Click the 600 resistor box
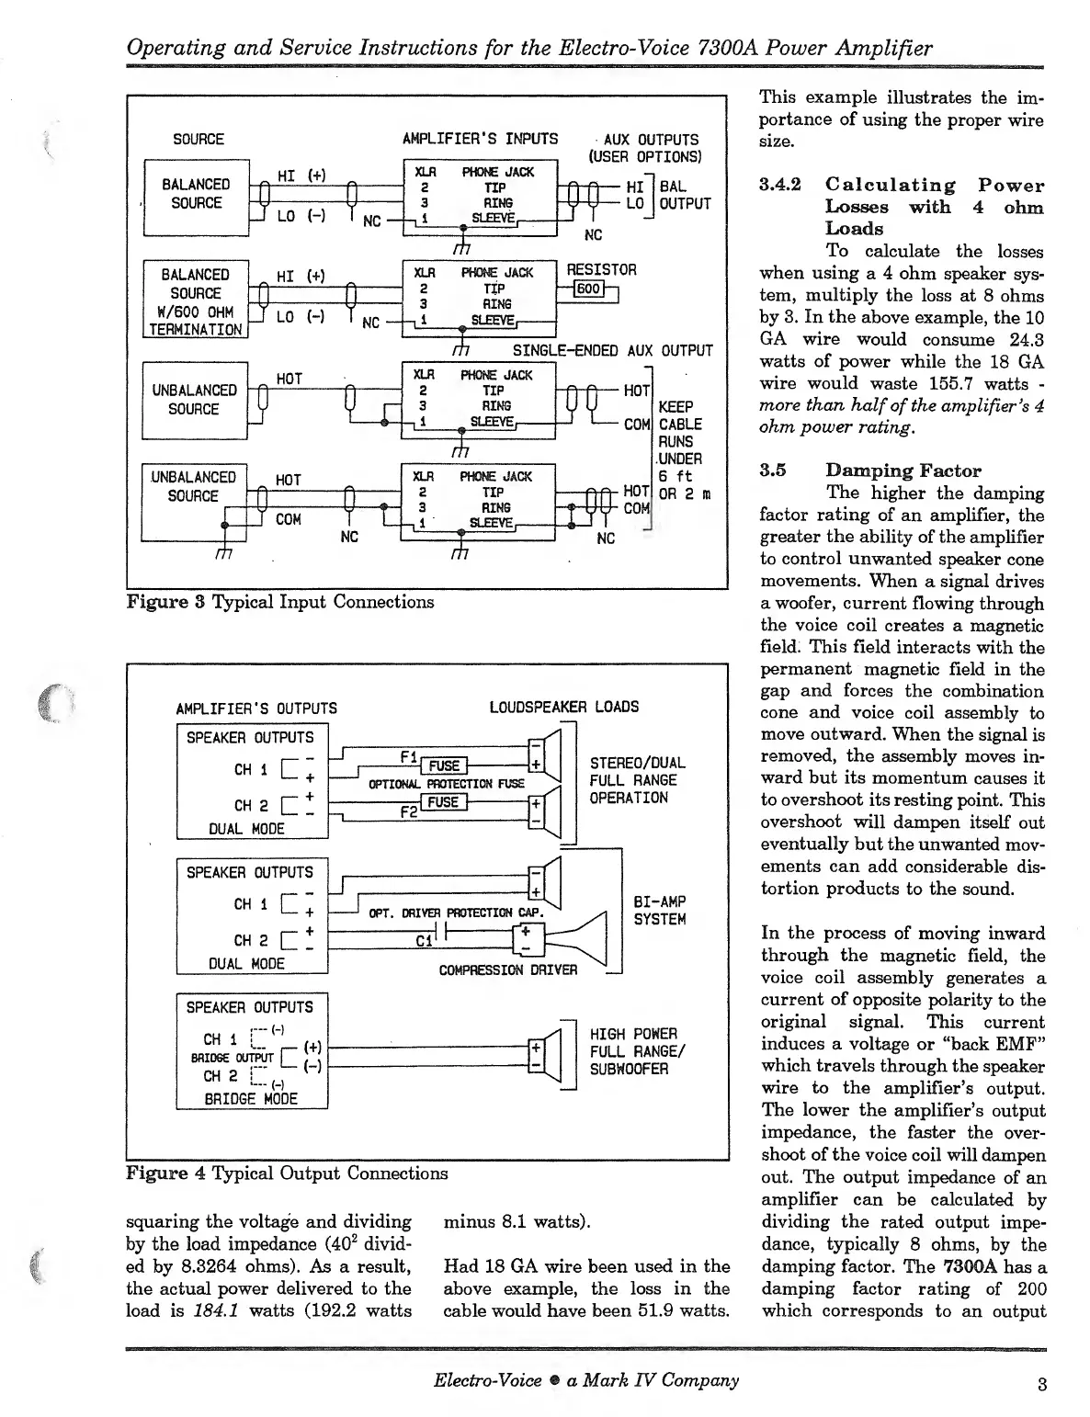(587, 290)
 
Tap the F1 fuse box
(444, 766)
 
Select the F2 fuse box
(443, 802)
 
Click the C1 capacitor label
(423, 942)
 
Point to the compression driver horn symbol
(579, 935)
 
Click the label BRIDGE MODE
(251, 1098)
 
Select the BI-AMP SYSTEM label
(660, 911)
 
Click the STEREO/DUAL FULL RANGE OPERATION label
(636, 780)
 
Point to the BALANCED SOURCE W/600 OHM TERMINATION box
(196, 300)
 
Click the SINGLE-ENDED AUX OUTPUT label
(612, 350)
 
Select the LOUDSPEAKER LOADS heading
(564, 708)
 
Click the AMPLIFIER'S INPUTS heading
(480, 139)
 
